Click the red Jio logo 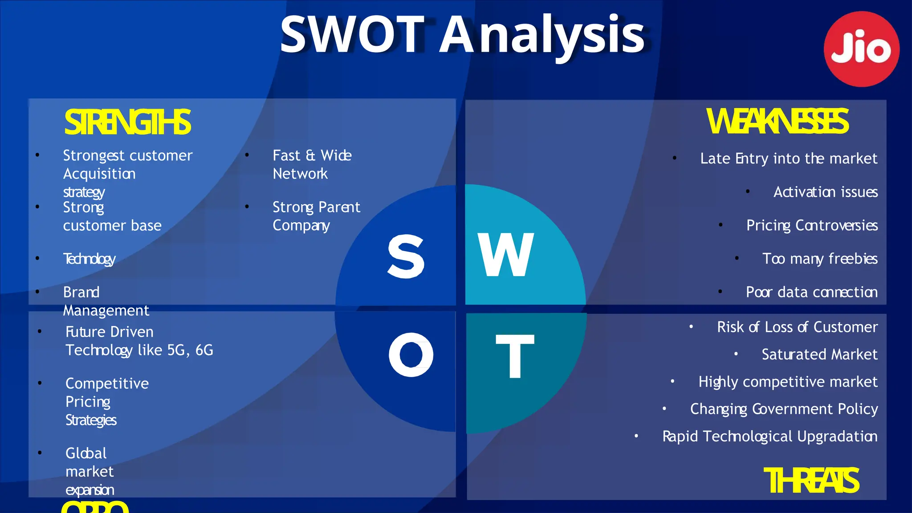(x=861, y=49)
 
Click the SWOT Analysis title (x=462, y=35)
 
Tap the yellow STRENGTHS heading (x=128, y=122)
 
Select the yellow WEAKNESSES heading (x=778, y=122)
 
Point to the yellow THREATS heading (x=811, y=481)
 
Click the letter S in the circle (x=406, y=256)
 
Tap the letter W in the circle (x=506, y=255)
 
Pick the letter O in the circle (x=411, y=355)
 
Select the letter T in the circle (x=515, y=356)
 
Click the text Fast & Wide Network (x=312, y=164)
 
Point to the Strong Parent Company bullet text (x=316, y=216)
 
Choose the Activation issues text (x=825, y=192)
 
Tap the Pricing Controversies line (x=812, y=225)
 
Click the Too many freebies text (x=820, y=259)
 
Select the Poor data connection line (x=811, y=292)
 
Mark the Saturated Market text (x=819, y=354)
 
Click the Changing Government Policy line (x=784, y=409)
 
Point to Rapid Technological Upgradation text (x=769, y=436)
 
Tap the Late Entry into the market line (x=788, y=159)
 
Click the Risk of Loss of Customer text (x=797, y=327)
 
